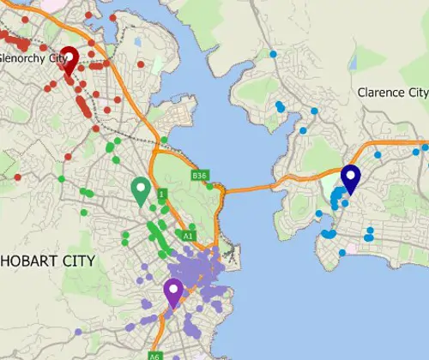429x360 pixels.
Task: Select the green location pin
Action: pos(141,189)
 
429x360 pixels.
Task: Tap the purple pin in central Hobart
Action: pos(173,290)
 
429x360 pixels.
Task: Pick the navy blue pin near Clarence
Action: pos(350,177)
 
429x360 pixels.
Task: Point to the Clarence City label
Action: pos(392,93)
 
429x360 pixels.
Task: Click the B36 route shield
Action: pos(200,176)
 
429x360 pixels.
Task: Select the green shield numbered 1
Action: pos(160,195)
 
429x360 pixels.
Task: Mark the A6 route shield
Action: pos(154,356)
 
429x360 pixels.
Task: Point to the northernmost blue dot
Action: pos(273,54)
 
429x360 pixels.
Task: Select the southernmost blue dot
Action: pos(341,253)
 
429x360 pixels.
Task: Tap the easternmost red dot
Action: pos(140,64)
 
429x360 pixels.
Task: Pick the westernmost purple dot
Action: pos(78,332)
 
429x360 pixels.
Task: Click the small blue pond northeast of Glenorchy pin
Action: pos(137,41)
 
